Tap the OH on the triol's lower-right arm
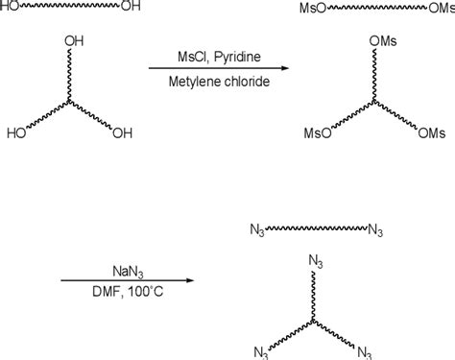pos(122,132)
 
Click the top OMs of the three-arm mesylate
pos(380,43)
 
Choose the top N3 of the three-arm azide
pos(314,260)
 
